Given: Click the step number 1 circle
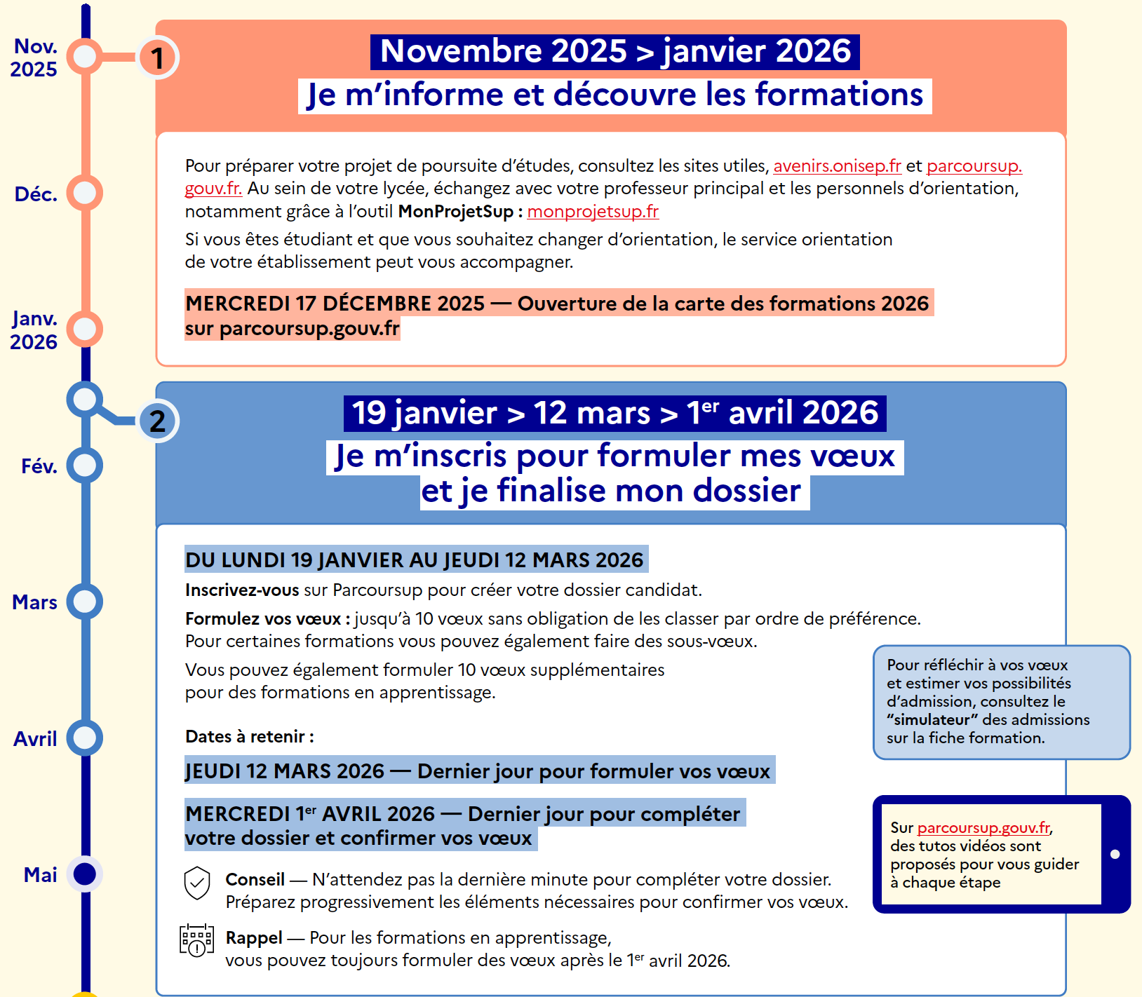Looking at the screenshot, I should (x=157, y=57).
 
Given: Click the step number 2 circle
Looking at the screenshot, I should (x=157, y=421).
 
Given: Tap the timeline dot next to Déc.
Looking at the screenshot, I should (x=85, y=193).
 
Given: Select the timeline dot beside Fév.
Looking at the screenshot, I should (x=85, y=466).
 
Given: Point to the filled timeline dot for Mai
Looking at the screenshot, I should (x=85, y=874).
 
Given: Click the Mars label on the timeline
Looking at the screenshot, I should (x=35, y=602).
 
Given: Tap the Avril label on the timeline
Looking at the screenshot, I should (x=35, y=738).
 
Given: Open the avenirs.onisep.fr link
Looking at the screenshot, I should (x=837, y=166).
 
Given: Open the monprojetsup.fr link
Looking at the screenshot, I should (x=593, y=211).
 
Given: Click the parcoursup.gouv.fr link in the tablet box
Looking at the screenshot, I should (x=983, y=827).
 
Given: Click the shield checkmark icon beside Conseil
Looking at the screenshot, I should (x=197, y=883).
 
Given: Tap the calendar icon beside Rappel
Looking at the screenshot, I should (x=197, y=940).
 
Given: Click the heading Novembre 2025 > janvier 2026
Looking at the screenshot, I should (x=615, y=52).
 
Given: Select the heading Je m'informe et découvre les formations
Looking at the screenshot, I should (x=615, y=95).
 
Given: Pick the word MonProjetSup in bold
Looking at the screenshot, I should (x=456, y=211).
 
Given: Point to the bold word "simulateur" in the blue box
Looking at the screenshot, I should (x=932, y=719).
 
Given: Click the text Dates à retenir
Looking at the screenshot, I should (x=249, y=736).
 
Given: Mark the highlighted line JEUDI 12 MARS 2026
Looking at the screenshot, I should (x=479, y=771).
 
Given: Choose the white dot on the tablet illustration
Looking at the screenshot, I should (x=1115, y=854).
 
